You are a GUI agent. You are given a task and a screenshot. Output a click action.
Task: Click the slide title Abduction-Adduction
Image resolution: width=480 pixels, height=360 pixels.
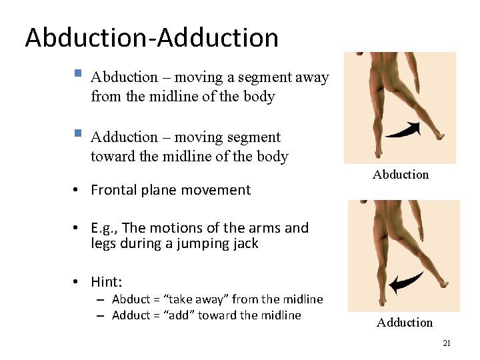tap(151, 37)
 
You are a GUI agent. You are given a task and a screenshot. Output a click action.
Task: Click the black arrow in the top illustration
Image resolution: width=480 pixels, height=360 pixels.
tap(403, 129)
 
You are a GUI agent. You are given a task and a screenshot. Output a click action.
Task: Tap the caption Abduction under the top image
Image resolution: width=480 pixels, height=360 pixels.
tap(401, 175)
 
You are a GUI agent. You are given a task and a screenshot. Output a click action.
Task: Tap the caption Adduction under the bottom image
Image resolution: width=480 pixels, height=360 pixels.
tap(405, 323)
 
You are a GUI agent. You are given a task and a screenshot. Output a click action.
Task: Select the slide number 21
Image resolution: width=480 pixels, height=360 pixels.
tap(447, 343)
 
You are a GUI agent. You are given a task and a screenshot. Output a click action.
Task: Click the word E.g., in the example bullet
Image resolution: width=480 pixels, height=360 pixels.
tap(104, 228)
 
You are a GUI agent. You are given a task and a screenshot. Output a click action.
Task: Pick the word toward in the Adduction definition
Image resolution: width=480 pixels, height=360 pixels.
tap(112, 157)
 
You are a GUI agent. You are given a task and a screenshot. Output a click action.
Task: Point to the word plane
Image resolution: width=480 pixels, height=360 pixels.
tap(161, 190)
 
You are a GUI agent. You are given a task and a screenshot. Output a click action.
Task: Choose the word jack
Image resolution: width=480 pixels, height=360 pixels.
tap(243, 243)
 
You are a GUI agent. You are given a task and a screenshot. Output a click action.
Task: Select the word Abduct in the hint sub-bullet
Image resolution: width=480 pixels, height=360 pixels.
tap(129, 299)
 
